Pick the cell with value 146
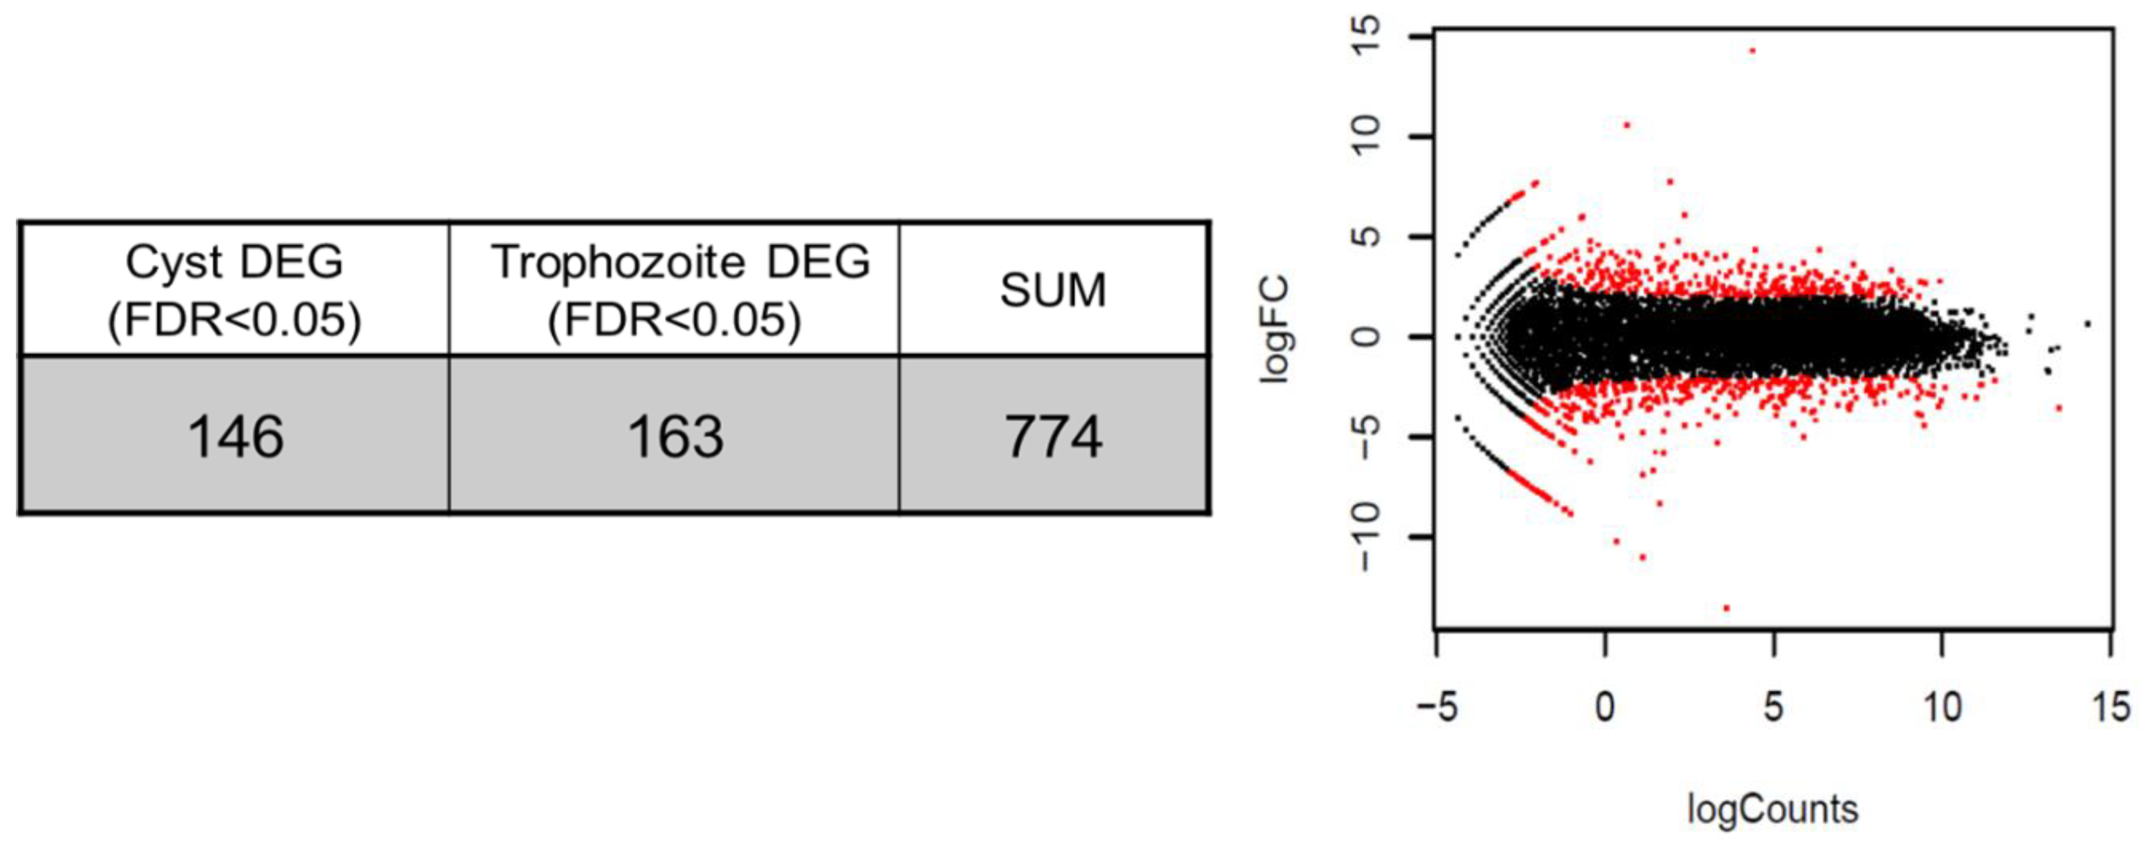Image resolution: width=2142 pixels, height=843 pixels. coord(235,437)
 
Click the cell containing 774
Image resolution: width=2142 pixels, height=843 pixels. coord(1054,437)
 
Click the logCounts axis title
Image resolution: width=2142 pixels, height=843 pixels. coord(1772,809)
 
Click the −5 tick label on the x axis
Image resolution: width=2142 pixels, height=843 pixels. coord(1438,708)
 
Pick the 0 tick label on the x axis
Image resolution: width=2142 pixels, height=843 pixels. coord(1605,708)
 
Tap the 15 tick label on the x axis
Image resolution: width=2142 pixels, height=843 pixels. coord(2110,708)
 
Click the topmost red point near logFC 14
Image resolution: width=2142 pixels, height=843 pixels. coord(1752,51)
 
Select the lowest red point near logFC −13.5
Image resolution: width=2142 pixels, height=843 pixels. coord(1726,608)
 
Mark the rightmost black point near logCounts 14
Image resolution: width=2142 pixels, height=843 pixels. coord(2087,324)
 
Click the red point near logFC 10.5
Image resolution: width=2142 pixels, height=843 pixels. coord(1627,125)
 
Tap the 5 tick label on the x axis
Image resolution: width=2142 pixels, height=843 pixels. coord(1774,708)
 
